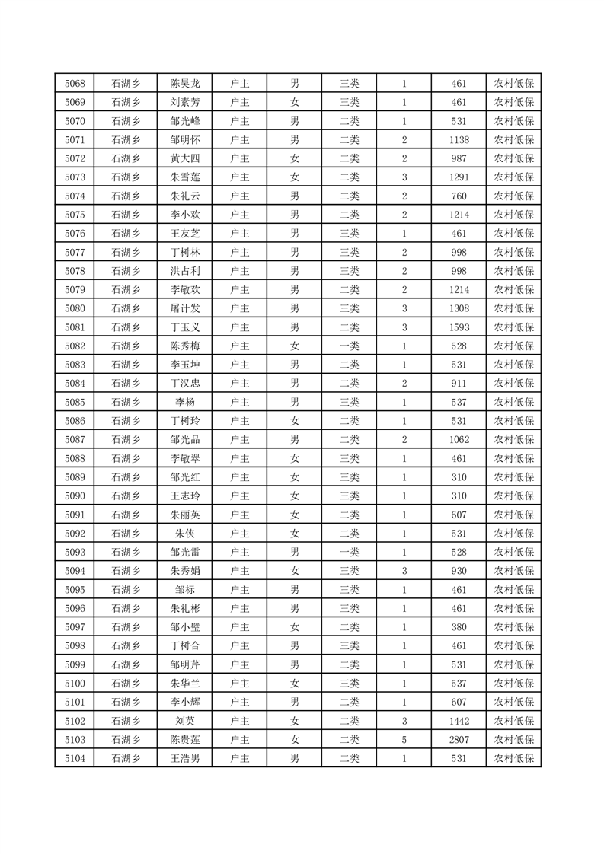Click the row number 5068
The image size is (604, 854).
point(75,84)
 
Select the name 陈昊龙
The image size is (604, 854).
point(185,84)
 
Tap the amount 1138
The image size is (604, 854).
point(459,140)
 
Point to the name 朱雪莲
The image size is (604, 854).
point(185,177)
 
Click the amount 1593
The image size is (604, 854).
point(459,327)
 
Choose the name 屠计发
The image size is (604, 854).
point(185,308)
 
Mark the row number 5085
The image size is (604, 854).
point(75,402)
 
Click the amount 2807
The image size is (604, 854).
point(459,739)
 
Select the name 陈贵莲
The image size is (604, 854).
point(185,739)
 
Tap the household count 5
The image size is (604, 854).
point(404,739)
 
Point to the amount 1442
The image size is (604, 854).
point(459,721)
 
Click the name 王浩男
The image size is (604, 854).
point(185,758)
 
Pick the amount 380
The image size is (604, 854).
point(459,627)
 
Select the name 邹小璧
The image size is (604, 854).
point(185,627)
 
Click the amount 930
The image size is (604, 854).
point(459,571)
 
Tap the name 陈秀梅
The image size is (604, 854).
point(185,346)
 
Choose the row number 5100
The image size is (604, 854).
point(75,684)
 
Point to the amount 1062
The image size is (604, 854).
point(459,440)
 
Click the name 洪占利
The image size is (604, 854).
point(185,271)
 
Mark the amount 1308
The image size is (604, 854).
point(459,308)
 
